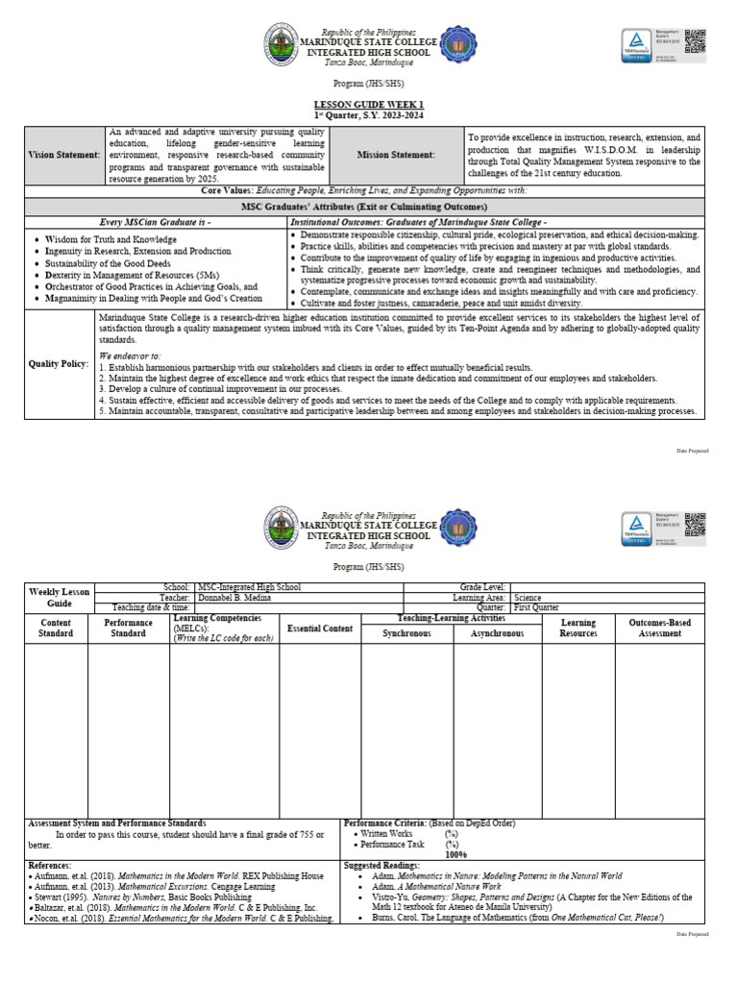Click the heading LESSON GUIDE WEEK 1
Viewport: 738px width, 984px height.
[368, 104]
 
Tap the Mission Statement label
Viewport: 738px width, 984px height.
[396, 154]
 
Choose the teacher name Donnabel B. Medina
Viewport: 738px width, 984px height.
[237, 597]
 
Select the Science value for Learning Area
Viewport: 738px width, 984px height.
[529, 597]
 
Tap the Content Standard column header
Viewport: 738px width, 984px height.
[55, 628]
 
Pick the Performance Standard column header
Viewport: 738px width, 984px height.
[129, 628]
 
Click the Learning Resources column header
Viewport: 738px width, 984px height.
[578, 628]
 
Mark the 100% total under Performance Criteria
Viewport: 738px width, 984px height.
[457, 854]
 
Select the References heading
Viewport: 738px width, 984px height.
[54, 866]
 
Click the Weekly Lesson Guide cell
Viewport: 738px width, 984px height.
[60, 597]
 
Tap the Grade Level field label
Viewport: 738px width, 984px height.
[482, 586]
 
